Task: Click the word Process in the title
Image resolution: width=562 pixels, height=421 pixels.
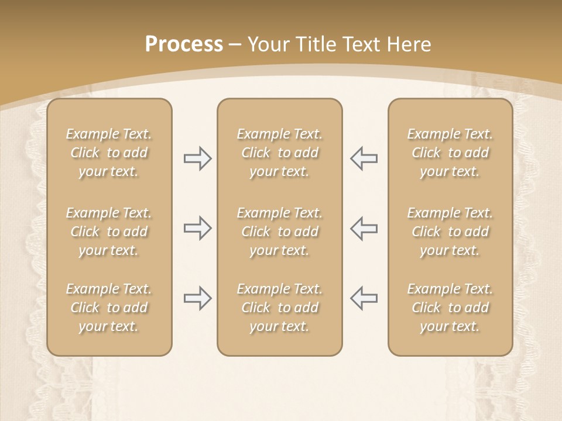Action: (184, 44)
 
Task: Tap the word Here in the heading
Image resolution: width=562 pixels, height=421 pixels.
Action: (409, 44)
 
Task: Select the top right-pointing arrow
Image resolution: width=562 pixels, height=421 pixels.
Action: (197, 158)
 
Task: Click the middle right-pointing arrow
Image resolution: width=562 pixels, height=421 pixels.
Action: (197, 228)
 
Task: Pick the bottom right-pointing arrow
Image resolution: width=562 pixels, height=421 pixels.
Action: (197, 298)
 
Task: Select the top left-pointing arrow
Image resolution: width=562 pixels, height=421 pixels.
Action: (364, 158)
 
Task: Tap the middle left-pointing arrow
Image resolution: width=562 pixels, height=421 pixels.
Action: (364, 228)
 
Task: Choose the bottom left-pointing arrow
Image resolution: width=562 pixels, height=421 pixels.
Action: (364, 298)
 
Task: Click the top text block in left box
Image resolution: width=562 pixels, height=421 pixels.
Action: (109, 153)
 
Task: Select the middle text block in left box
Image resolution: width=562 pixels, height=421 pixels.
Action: (109, 232)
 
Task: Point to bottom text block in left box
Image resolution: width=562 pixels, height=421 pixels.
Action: (109, 308)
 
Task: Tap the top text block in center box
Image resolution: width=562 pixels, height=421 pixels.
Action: (279, 153)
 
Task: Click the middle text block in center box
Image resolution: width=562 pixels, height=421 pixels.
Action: (279, 232)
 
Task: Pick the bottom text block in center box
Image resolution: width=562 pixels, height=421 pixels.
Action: (279, 308)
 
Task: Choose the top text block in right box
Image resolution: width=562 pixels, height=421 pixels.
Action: (450, 153)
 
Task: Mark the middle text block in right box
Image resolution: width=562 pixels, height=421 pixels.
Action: (450, 232)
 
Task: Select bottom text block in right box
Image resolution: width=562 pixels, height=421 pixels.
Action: (450, 308)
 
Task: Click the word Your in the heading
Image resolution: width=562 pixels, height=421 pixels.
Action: (267, 44)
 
